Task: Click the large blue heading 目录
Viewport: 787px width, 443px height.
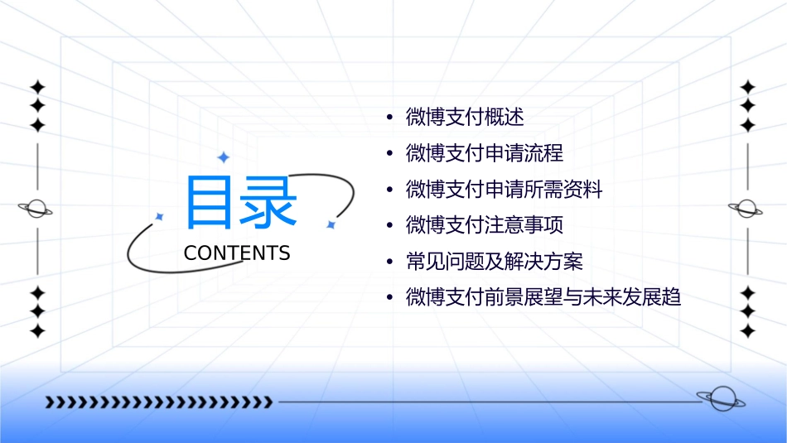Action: (240, 203)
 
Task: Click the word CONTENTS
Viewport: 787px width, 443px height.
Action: (237, 253)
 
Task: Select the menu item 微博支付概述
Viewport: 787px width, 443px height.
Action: (465, 117)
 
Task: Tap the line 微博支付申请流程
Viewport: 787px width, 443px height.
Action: (485, 153)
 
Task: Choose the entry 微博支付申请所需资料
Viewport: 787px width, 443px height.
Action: (504, 190)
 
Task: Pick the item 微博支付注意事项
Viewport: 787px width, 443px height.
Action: (485, 225)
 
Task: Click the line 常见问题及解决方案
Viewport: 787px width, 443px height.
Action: (495, 262)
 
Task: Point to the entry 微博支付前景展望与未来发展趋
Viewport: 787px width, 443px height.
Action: (543, 297)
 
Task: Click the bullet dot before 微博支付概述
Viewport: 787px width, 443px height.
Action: (390, 118)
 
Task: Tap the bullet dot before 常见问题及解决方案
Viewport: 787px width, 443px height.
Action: (390, 262)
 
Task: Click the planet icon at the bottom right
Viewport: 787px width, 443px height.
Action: (721, 399)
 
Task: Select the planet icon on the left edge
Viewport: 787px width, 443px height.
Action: (36, 209)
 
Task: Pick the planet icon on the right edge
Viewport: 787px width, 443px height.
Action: (746, 209)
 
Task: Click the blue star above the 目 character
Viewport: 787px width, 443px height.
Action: (222, 157)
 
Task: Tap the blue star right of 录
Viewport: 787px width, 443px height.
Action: (331, 224)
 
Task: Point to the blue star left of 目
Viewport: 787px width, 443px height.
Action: (160, 217)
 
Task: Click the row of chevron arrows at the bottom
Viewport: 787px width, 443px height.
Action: (158, 402)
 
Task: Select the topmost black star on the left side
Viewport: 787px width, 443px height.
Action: (37, 86)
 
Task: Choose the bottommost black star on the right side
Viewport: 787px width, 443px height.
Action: (748, 331)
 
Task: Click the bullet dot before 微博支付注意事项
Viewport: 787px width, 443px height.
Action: (390, 226)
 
